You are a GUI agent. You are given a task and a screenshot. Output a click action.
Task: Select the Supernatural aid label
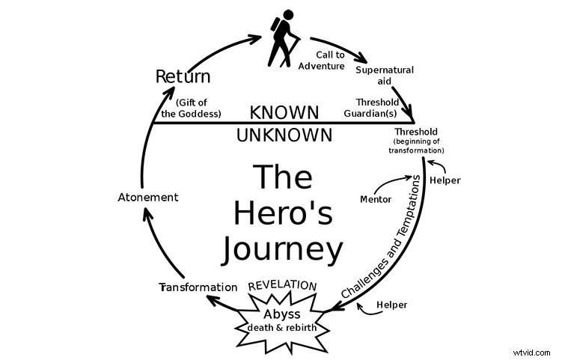385,76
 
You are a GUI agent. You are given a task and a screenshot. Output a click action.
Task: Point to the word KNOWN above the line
284,113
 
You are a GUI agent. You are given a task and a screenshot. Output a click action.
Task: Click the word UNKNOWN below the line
284,135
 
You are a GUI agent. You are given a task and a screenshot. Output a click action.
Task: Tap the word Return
183,76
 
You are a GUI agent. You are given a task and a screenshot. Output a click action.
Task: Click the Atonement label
148,198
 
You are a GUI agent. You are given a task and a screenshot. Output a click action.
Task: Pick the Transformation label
198,287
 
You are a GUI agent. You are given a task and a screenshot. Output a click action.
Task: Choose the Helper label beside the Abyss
391,305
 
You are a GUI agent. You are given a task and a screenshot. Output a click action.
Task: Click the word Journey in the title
283,248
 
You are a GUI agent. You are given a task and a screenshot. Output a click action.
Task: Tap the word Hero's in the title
283,213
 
